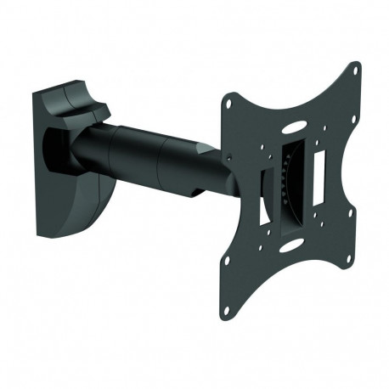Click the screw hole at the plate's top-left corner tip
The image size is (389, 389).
click(x=227, y=103)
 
